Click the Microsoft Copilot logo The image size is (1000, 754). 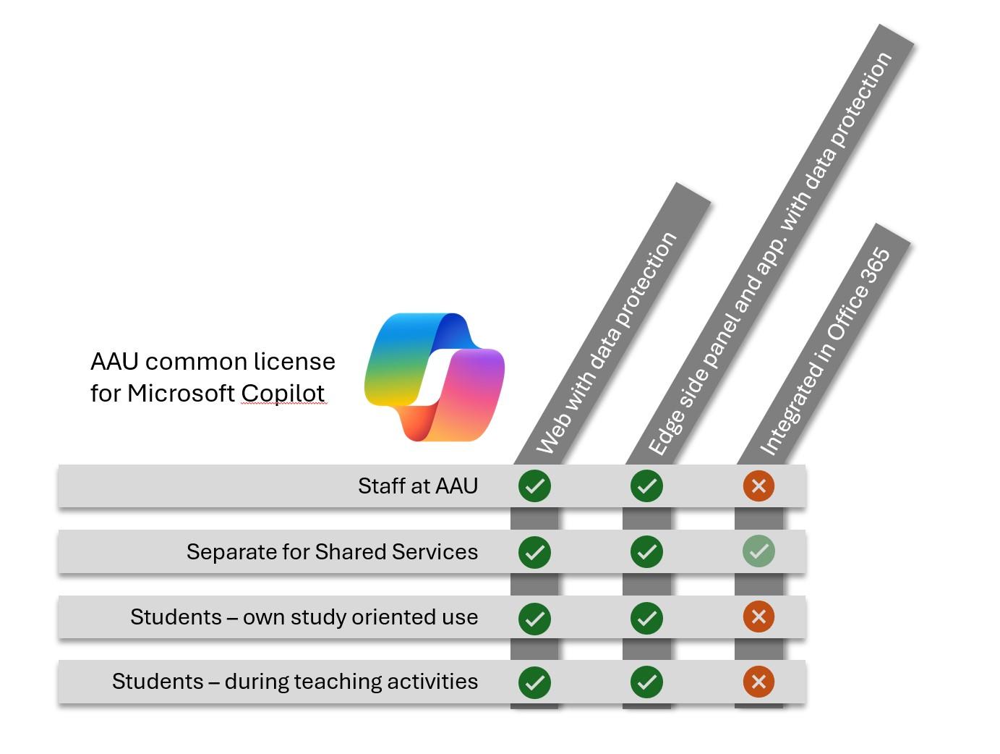tap(434, 376)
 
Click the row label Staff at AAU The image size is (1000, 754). tap(417, 486)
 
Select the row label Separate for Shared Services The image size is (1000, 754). tap(332, 551)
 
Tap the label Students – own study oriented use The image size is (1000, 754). tap(304, 617)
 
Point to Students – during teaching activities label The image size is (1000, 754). tap(294, 682)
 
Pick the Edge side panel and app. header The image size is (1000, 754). tap(770, 253)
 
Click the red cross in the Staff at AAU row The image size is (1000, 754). tap(758, 486)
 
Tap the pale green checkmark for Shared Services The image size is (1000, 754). tap(758, 551)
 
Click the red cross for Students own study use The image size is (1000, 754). tap(758, 617)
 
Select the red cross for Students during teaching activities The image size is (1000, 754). tap(758, 682)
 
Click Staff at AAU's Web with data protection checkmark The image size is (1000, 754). tap(534, 486)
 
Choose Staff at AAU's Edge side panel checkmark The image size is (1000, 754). tap(646, 486)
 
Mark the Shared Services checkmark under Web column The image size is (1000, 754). tap(534, 552)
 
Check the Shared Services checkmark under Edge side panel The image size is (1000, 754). tap(646, 552)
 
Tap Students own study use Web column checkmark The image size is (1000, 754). tap(534, 618)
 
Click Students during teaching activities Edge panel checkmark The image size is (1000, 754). tap(646, 682)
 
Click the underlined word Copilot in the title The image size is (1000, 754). tap(283, 393)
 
